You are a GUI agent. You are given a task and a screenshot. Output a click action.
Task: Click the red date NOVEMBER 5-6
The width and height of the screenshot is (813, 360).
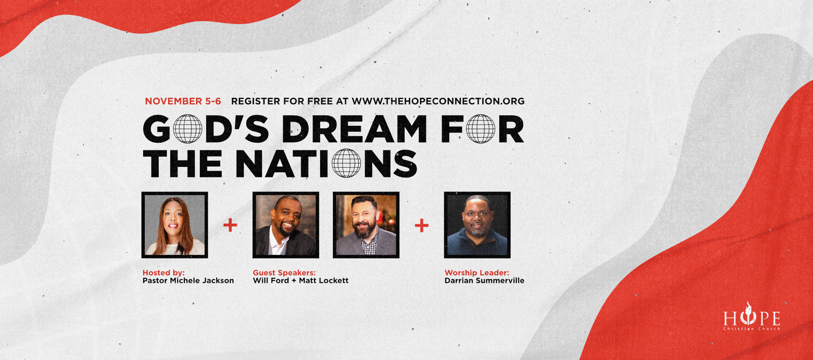183,101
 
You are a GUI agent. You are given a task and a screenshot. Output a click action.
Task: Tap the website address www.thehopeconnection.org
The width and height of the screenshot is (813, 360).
438,101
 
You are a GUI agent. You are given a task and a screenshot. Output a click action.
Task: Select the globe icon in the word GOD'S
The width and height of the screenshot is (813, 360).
188,129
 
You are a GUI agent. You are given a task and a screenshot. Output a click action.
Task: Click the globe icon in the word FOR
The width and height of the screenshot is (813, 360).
481,129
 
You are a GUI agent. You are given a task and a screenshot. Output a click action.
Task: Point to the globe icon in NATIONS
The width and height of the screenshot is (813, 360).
346,163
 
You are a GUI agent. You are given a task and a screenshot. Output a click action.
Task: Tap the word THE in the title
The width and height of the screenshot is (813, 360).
183,163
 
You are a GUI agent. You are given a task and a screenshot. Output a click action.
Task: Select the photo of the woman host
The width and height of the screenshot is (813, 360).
174,225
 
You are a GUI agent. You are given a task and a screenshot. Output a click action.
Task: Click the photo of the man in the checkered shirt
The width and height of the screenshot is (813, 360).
366,225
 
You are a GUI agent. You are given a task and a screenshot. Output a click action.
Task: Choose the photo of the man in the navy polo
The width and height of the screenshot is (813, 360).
477,225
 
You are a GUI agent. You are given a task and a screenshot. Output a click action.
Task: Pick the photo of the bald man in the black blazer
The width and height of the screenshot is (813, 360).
286,225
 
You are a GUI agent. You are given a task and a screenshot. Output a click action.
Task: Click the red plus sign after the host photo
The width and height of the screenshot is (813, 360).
230,225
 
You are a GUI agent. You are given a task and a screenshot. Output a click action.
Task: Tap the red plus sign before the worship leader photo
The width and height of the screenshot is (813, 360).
422,225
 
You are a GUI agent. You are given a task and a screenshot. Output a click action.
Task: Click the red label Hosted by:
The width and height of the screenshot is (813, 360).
163,273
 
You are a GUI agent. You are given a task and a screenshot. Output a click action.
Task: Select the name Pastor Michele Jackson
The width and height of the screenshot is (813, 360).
188,280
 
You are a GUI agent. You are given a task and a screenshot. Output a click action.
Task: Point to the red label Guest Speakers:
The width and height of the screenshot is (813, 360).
284,273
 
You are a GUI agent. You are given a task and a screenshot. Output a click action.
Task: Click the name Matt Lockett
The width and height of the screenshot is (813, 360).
324,280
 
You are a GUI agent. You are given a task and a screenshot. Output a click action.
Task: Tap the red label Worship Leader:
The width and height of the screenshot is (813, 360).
477,273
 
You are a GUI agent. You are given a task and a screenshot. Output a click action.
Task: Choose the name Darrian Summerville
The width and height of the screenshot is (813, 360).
484,280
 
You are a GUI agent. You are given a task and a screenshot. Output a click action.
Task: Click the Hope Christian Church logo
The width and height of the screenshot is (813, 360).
752,317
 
